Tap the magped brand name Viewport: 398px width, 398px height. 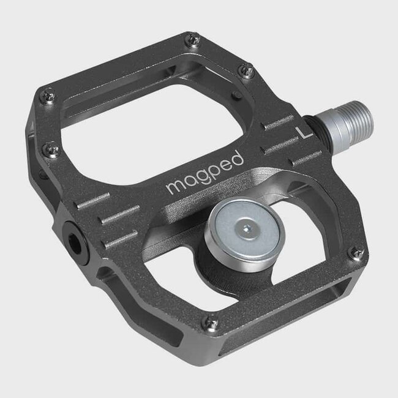(205, 173)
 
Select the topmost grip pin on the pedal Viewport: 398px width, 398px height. (193, 40)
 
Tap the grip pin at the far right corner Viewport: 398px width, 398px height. (355, 252)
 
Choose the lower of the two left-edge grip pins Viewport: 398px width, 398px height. (53, 149)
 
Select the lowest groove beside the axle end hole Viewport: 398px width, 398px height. (121, 239)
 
